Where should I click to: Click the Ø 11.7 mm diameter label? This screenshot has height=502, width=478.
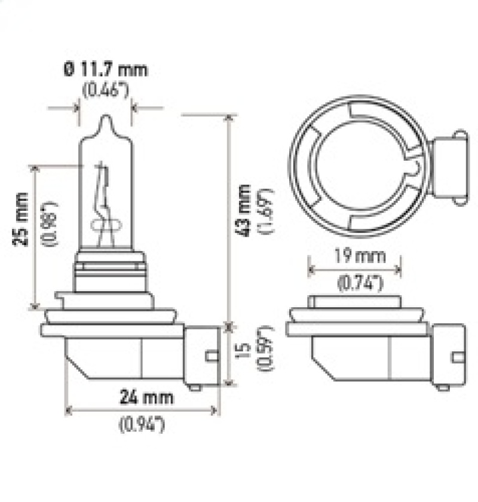[105, 70]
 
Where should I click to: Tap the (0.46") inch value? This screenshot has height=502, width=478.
[106, 91]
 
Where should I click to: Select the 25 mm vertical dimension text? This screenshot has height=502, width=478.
[22, 218]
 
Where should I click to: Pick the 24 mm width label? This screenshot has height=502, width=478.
[142, 397]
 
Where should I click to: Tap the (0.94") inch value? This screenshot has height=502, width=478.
[142, 425]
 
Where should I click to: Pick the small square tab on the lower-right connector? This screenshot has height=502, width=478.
[458, 357]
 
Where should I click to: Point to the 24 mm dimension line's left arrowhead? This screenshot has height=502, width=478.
[68, 411]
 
